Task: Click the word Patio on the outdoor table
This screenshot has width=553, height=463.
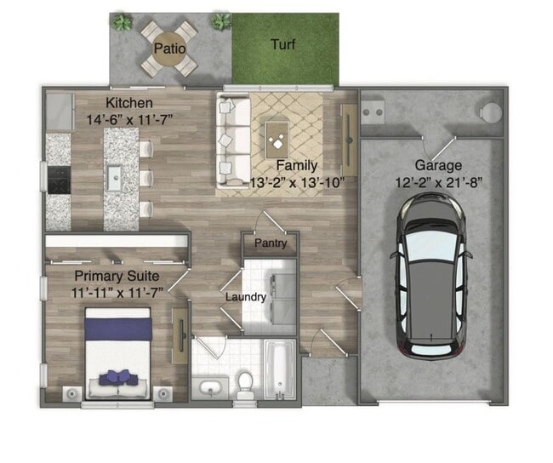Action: point(168,49)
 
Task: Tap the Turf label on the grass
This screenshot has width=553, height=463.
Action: point(283,44)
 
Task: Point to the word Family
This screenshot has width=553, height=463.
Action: point(297,165)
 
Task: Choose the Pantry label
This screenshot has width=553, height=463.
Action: point(271,243)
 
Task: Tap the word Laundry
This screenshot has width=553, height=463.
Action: point(246,297)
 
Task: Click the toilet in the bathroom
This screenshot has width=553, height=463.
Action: point(245,385)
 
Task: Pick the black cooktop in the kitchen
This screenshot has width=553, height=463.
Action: point(58,180)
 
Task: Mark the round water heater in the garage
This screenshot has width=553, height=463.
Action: point(492,111)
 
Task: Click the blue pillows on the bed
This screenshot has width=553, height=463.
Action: point(117,376)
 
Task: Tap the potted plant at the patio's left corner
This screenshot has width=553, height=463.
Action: point(123,23)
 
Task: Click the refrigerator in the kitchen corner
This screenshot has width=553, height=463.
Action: point(59,111)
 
